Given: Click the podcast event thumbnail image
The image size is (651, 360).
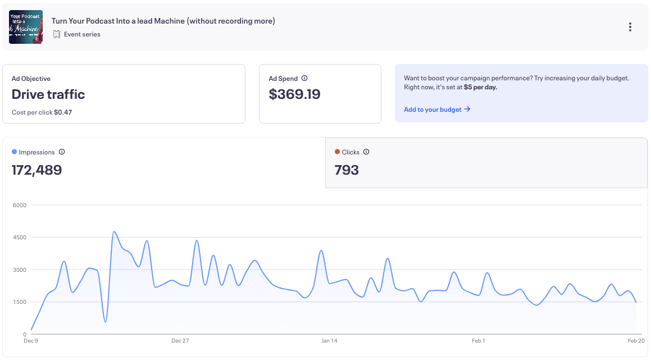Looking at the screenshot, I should (x=26, y=27).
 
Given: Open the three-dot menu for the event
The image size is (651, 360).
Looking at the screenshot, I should (x=630, y=27).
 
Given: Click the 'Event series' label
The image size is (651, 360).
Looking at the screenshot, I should (x=82, y=34).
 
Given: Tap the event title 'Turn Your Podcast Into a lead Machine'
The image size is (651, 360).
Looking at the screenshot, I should (x=163, y=21).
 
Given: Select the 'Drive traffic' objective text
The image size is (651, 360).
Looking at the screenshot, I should (x=48, y=94).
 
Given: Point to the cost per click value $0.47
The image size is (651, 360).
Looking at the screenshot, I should (x=63, y=112).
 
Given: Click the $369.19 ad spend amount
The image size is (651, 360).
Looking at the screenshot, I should (x=294, y=94).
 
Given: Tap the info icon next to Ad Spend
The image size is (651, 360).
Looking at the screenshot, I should (x=304, y=79).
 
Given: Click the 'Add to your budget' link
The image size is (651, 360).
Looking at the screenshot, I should (x=437, y=110).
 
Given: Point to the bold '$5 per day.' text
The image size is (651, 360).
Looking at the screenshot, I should (x=480, y=87).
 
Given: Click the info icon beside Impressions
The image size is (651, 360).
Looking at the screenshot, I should (x=62, y=152).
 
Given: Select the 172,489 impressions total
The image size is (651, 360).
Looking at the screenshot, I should (x=37, y=170).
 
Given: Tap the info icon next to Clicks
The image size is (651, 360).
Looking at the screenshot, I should (x=366, y=152).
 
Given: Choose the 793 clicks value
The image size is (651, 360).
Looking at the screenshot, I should (x=347, y=170).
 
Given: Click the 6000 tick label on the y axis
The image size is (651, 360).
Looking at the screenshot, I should (x=20, y=206).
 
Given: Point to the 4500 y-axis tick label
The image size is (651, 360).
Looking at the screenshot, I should (x=20, y=238).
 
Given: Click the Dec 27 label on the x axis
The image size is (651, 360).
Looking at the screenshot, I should (x=180, y=340).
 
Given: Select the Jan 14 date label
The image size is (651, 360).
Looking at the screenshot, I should (x=329, y=340).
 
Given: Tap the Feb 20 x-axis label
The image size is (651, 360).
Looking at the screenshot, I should (x=636, y=340).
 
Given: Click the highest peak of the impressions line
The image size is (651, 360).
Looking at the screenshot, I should (x=114, y=231).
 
